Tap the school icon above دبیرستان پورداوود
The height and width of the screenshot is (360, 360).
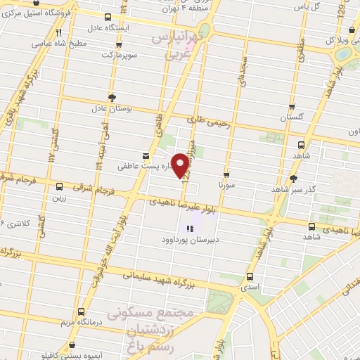pos(190,228)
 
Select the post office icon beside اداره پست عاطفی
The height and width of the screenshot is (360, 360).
pos(146,155)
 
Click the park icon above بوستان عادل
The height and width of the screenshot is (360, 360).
pos(111,98)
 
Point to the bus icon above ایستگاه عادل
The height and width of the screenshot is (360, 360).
pos(107,18)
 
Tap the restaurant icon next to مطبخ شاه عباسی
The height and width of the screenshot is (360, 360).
pos(60,32)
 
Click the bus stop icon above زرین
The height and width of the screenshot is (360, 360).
pos(58,187)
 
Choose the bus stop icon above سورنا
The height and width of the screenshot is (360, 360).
pos(226,174)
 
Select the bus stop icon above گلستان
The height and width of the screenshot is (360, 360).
pos(292,107)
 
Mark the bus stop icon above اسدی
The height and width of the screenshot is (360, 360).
pos(251,277)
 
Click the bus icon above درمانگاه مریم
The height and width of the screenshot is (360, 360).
pos(82,311)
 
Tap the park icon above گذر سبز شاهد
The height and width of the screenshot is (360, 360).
pos(293,178)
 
